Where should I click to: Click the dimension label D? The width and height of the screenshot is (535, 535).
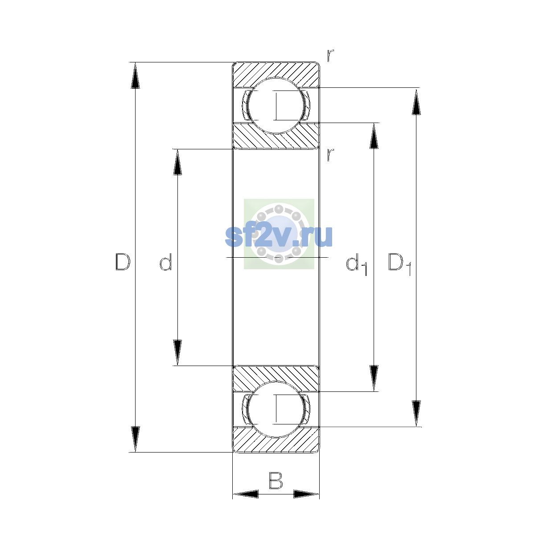[x=123, y=262]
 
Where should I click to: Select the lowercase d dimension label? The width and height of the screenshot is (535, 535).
[x=165, y=262]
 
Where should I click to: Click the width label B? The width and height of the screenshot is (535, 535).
[x=276, y=480]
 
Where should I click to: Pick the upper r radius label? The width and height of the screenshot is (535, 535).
[x=330, y=55]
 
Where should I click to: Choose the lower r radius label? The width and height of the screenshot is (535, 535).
[x=330, y=155]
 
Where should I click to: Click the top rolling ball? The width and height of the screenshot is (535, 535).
[x=276, y=106]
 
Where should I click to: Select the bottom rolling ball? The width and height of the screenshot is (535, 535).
[x=276, y=409]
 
